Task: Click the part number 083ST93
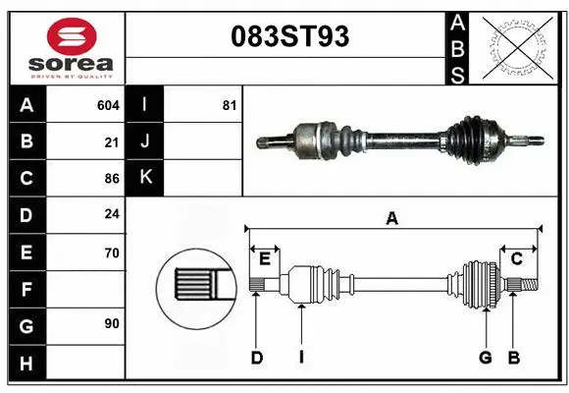[286, 38]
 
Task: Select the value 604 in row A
[108, 104]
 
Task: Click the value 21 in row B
[112, 141]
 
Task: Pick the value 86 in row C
[112, 179]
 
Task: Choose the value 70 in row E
[112, 253]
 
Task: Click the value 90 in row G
[112, 323]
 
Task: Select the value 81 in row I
[229, 104]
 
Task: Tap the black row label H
[26, 364]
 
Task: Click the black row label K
[145, 179]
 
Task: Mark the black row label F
[26, 290]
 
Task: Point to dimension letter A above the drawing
[392, 219]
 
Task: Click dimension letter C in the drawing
[516, 258]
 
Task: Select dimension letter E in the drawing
[265, 258]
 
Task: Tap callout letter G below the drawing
[485, 358]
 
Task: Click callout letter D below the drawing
[257, 358]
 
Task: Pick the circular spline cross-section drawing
[197, 287]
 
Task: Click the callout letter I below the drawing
[301, 358]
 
